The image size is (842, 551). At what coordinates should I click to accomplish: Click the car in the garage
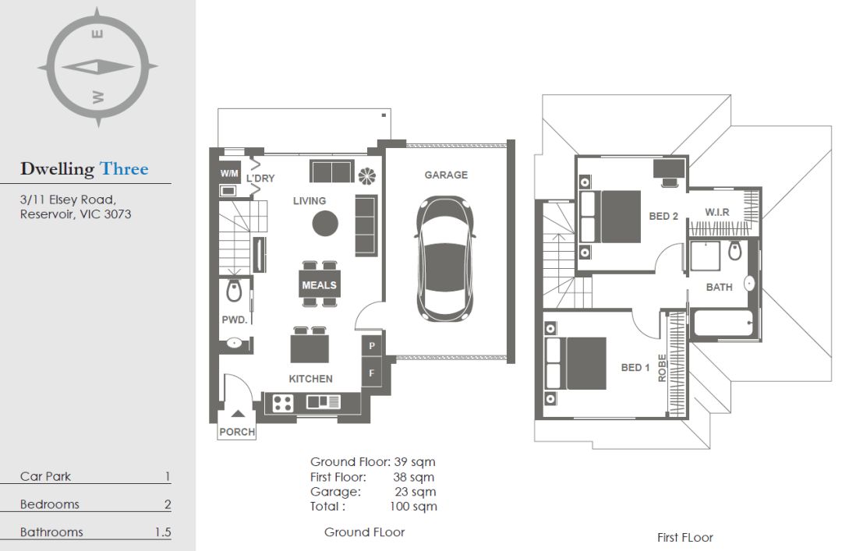click(x=445, y=258)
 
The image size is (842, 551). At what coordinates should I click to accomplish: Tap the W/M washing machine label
click(x=229, y=173)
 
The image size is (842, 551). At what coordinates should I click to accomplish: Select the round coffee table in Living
click(x=325, y=224)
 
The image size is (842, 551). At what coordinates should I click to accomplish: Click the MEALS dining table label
click(x=319, y=285)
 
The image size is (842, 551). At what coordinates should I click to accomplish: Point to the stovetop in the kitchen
click(x=282, y=403)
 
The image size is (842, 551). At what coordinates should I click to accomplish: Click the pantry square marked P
click(x=372, y=346)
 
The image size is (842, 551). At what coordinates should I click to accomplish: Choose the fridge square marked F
click(x=372, y=373)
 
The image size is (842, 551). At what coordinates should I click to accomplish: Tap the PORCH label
click(x=237, y=432)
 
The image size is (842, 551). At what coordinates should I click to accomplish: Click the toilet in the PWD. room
click(x=234, y=289)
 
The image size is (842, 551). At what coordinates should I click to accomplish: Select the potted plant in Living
click(x=366, y=175)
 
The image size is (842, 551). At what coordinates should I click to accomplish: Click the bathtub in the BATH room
click(x=723, y=323)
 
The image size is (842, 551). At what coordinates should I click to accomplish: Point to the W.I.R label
click(x=717, y=212)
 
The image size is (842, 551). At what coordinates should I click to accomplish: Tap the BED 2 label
click(x=663, y=217)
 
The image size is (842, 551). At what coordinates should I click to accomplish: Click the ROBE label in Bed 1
click(x=662, y=368)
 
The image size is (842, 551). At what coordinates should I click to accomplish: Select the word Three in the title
click(x=124, y=168)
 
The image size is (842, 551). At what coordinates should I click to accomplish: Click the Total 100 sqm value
click(x=413, y=507)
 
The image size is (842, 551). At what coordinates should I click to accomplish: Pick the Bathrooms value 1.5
click(x=163, y=532)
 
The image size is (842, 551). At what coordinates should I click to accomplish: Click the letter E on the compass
click(x=97, y=34)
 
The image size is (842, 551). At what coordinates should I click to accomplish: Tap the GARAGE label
click(x=446, y=175)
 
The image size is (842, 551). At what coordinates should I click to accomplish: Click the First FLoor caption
click(x=685, y=538)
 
